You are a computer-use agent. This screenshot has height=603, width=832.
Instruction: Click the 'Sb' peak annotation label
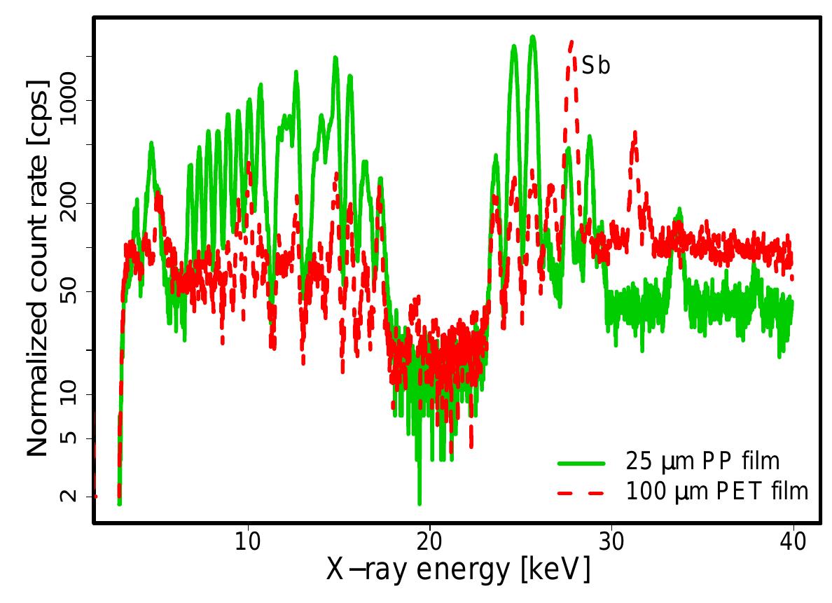coord(596,67)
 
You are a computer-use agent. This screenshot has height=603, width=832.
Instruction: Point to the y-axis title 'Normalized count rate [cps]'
coord(38,268)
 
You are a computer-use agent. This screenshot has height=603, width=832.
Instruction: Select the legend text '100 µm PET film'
coord(717,492)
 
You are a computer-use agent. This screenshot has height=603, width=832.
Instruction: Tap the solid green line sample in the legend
coord(581,463)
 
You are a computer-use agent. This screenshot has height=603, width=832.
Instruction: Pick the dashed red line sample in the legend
coord(581,493)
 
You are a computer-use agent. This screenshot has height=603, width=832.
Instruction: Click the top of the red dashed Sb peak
coord(571,42)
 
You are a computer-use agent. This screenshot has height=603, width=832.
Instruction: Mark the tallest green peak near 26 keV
coord(533,36)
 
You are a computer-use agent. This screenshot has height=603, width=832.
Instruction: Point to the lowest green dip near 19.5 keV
coord(420,503)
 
